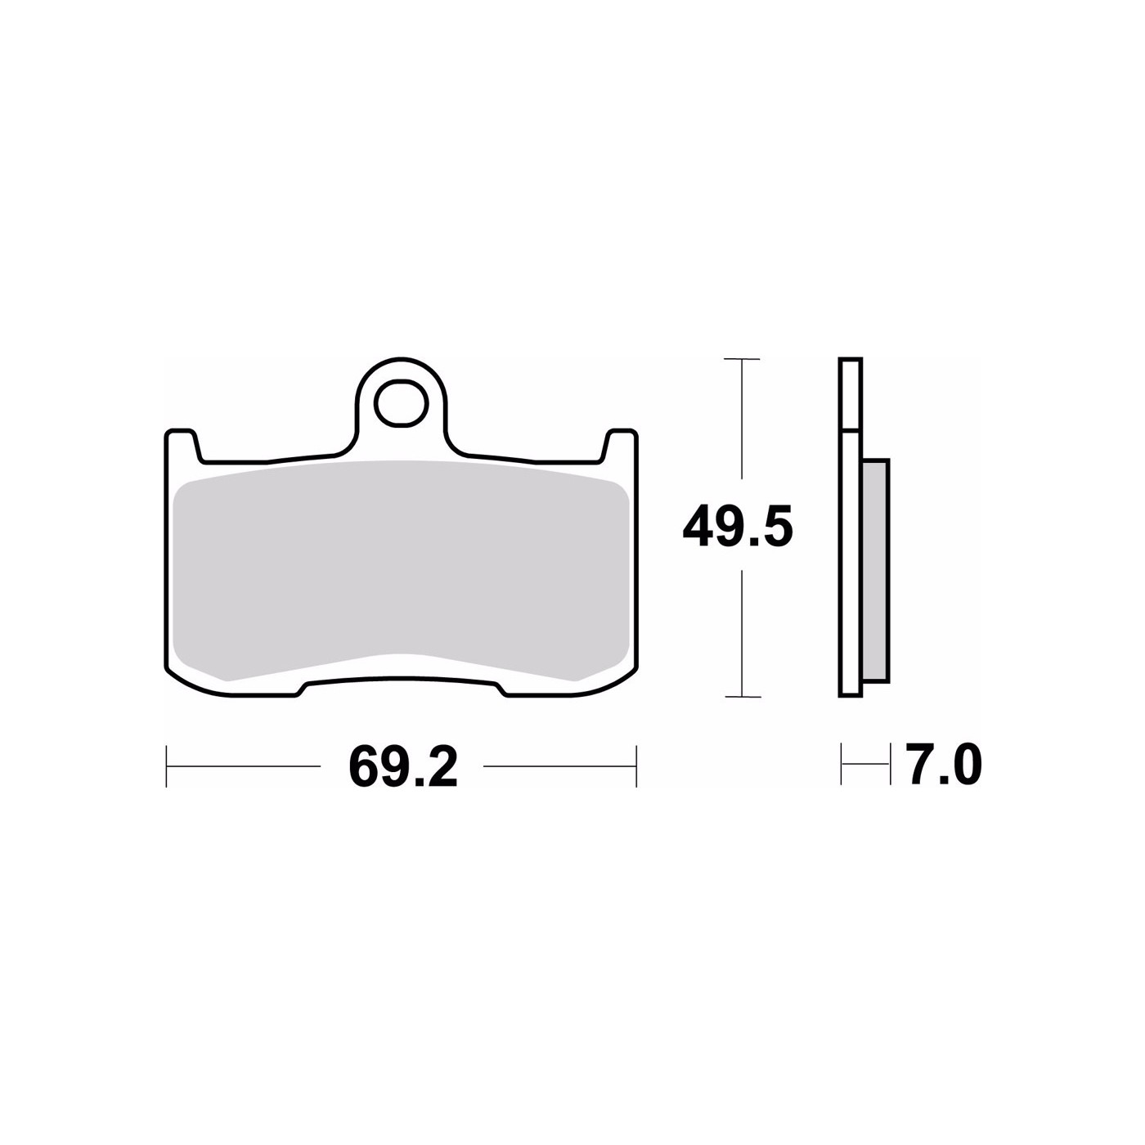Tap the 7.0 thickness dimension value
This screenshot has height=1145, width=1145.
[944, 766]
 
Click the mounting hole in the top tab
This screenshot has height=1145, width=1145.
[401, 403]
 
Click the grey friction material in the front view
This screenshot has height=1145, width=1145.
[401, 570]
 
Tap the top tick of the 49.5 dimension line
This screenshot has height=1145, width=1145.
[742, 359]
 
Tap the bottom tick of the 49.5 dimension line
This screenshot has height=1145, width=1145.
[743, 696]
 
